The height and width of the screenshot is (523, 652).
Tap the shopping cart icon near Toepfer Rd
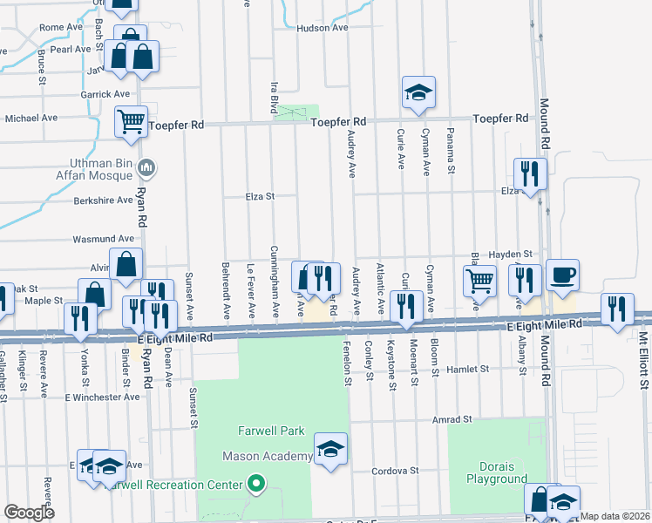(131, 121)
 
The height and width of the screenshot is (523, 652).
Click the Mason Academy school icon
(330, 449)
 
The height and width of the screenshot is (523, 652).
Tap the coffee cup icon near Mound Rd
(562, 275)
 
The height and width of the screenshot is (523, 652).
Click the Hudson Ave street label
(323, 28)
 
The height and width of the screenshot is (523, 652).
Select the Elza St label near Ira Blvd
(259, 196)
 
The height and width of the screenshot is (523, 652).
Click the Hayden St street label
(510, 253)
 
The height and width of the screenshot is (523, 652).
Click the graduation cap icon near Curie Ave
(418, 92)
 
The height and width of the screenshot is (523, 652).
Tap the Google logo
(29, 513)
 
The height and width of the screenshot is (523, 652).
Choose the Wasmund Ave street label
(104, 238)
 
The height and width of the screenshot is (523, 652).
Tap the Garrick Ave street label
(105, 94)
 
